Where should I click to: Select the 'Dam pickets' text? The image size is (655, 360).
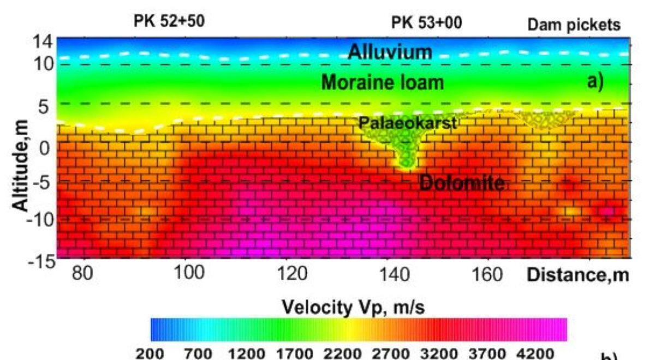tap(574, 25)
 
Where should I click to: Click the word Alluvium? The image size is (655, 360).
tap(390, 52)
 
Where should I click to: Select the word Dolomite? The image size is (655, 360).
tap(462, 183)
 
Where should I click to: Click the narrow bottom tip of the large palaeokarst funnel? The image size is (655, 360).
tap(405, 166)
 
